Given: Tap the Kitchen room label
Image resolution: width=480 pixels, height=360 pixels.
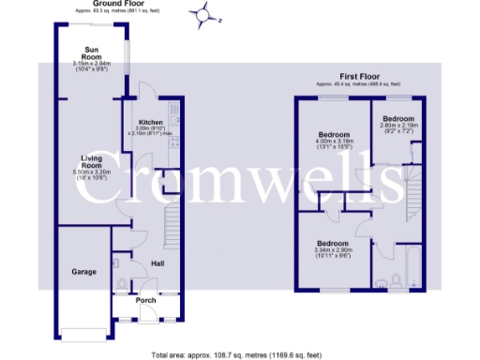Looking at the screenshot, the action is point(151,123).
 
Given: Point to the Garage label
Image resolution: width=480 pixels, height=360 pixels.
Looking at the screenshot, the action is point(84,272).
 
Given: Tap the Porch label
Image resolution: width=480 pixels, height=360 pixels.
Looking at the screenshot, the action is point(146,301).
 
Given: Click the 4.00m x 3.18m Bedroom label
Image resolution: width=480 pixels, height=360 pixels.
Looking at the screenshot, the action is point(334,135).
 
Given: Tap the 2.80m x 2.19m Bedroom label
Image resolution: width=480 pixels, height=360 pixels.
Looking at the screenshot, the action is point(397,119).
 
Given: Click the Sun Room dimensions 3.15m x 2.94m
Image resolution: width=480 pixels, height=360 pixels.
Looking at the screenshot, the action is point(91,66).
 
